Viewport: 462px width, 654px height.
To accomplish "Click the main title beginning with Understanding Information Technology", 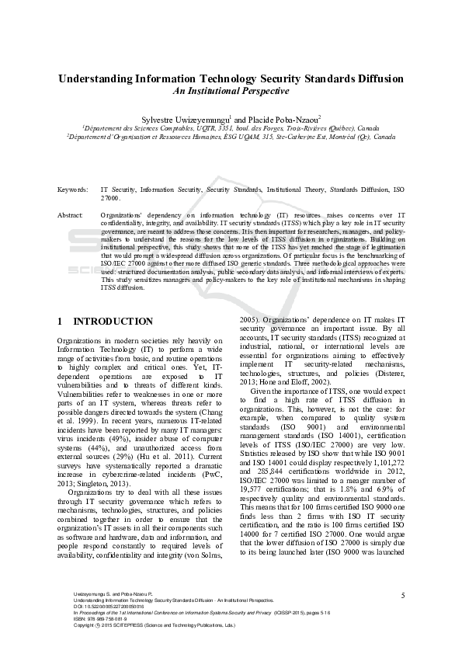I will pos(231,79).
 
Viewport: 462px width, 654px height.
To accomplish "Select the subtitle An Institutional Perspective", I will pos(231,92).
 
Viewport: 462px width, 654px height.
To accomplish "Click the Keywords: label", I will pos(72,190).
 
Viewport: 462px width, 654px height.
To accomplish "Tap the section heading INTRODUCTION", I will pos(113,322).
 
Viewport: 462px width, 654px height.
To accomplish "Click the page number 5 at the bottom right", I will pos(403,617).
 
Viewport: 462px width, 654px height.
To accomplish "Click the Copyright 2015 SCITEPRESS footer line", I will pos(148,647).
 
